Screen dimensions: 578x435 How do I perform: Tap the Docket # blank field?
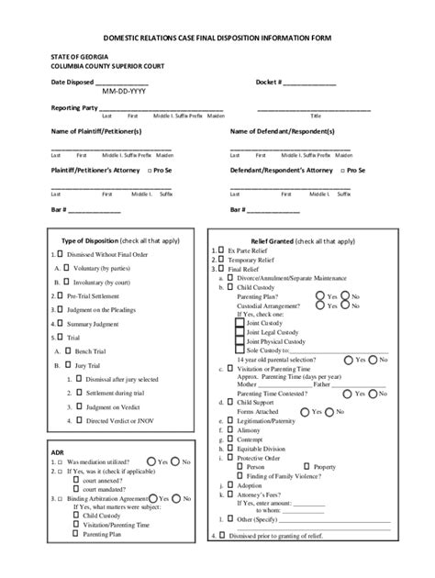309,83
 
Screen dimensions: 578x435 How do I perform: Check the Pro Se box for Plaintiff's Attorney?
148,171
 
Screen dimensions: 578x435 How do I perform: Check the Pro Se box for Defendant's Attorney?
342,171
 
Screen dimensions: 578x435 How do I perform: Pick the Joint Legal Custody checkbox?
240,331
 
